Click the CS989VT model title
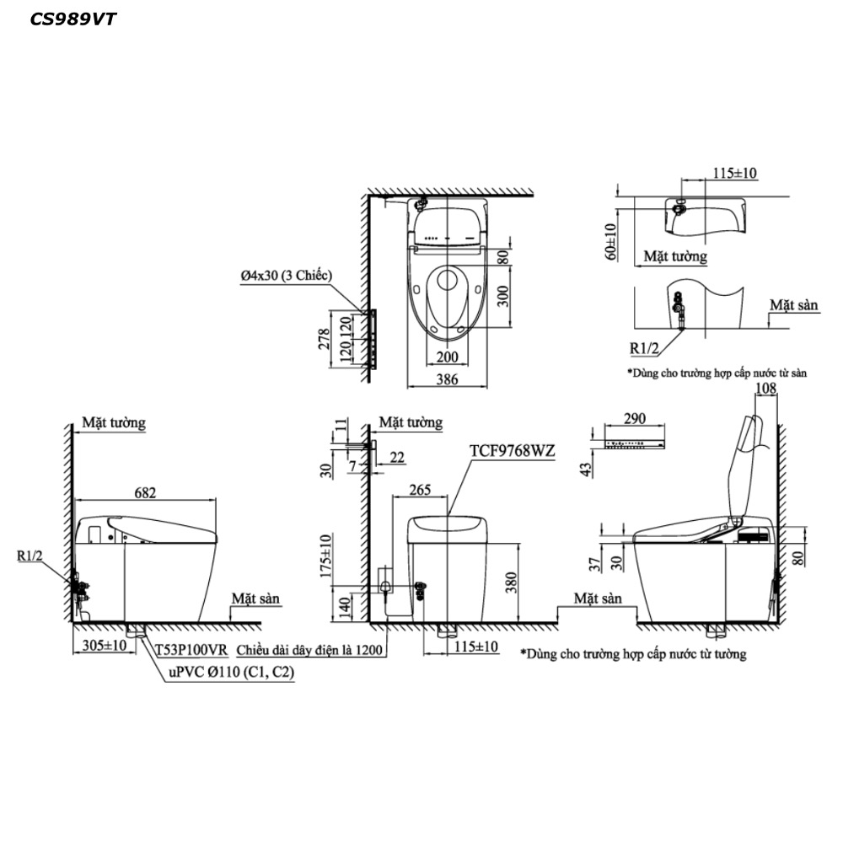pos(72,19)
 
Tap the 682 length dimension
pos(145,492)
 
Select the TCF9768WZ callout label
pos(513,450)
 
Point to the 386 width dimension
pos(448,379)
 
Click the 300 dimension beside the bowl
pos(502,296)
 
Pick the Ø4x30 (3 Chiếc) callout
pos(286,276)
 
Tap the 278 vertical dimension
pos(325,339)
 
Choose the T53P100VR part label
pos(192,650)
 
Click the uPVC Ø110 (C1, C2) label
pos(231,672)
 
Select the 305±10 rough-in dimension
pos(105,645)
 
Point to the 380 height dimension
pos(510,583)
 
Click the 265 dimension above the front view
pos(420,489)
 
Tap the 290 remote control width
pos(635,418)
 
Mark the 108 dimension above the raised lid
pos(765,388)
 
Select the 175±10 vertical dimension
pos(326,556)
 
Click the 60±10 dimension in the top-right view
pos(611,242)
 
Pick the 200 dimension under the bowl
pos(448,357)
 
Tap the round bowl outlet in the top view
pos(447,280)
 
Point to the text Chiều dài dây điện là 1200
pos(309,650)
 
